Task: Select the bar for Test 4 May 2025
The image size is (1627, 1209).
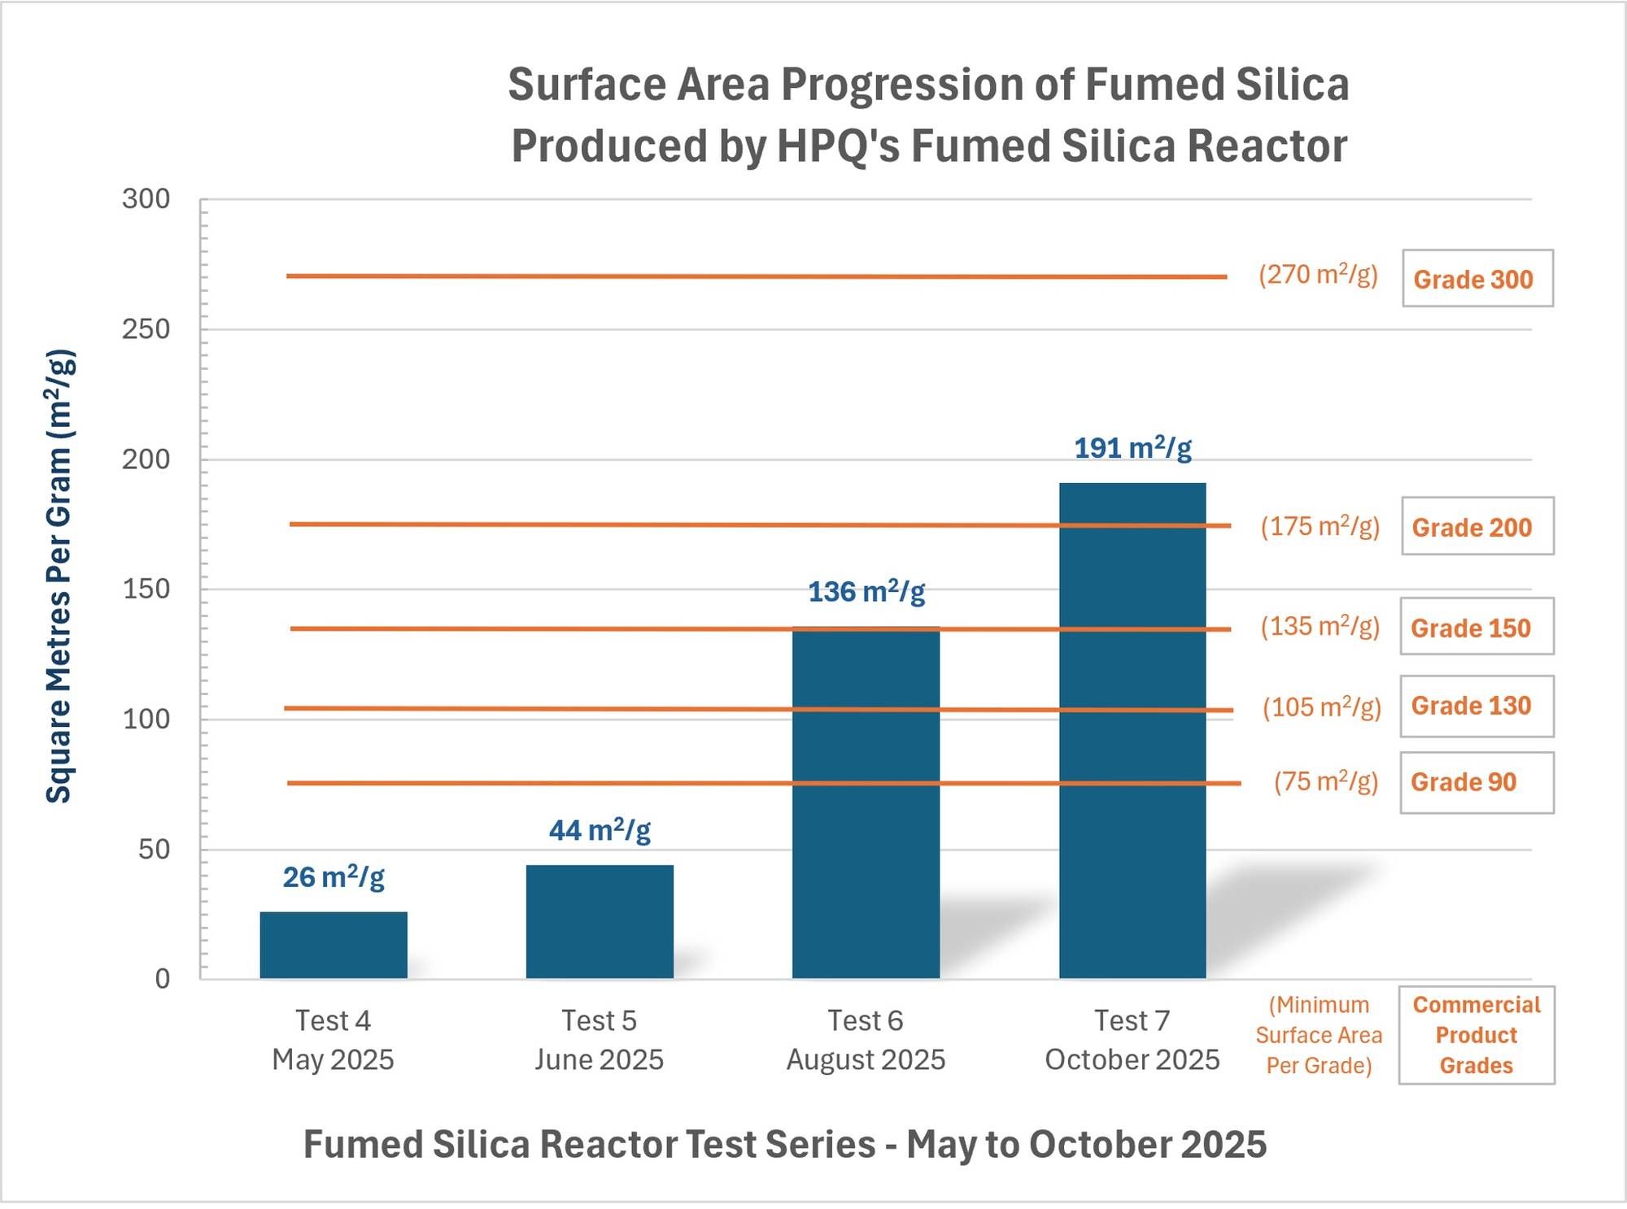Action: tap(334, 945)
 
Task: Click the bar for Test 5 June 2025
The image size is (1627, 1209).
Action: tap(600, 921)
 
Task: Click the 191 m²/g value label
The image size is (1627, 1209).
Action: tap(1132, 448)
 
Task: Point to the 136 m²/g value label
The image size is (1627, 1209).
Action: tap(866, 592)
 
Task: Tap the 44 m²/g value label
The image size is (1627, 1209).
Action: tap(600, 830)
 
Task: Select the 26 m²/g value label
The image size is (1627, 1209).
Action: tap(334, 877)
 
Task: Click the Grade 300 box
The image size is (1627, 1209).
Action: tap(1477, 279)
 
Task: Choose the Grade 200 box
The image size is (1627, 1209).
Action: tap(1477, 527)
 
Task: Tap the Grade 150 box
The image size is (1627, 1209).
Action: tap(1477, 627)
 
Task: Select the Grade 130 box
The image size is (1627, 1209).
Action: tap(1477, 706)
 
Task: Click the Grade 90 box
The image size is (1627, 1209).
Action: tap(1477, 782)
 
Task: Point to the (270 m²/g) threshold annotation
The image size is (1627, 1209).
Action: tap(1318, 275)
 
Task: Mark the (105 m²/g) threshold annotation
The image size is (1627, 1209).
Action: tap(1321, 707)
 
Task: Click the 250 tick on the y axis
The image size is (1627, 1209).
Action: tap(146, 329)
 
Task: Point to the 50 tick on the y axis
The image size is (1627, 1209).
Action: tap(154, 850)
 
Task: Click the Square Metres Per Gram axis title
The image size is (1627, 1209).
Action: tap(59, 576)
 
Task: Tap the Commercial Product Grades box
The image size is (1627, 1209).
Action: tap(1477, 1035)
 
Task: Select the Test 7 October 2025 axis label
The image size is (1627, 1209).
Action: tap(1132, 1040)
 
